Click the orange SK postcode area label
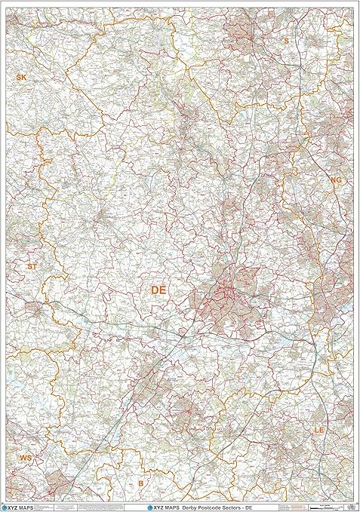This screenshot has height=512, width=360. click(20, 78)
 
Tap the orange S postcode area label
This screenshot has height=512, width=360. click(286, 41)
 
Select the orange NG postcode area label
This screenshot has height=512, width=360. click(336, 180)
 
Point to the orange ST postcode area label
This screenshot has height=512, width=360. click(31, 266)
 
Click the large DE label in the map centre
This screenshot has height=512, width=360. click(159, 290)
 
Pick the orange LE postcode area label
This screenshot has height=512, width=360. click(320, 429)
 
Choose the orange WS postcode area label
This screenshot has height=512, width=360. click(26, 458)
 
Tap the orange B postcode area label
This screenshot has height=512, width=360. click(140, 483)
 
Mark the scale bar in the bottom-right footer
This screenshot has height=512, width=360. click(332, 504)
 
